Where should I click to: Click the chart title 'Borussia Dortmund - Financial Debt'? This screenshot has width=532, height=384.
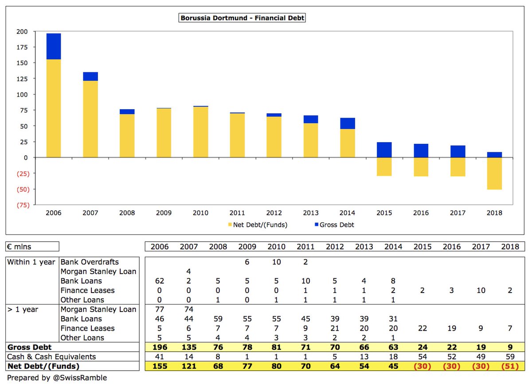point(242,18)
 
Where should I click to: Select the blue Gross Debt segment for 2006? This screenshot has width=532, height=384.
point(54,46)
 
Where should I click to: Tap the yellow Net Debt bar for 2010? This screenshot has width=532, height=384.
point(201,132)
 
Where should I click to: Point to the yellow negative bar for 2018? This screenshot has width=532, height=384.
point(494,174)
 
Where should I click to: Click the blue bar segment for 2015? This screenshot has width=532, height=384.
point(384,150)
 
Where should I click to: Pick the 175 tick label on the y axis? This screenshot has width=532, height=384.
point(22,48)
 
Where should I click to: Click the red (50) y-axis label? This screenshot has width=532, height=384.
point(23,190)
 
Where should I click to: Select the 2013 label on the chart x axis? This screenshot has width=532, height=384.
point(311,213)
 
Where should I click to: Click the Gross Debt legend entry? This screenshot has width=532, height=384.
point(334,225)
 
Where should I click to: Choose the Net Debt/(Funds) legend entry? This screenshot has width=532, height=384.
point(258,225)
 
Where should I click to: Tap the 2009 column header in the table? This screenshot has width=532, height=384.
point(247,246)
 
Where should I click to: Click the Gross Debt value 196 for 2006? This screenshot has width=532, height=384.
point(160,347)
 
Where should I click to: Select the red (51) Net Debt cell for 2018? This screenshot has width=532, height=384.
point(510,366)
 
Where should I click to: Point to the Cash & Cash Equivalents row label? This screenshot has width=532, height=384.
point(51,356)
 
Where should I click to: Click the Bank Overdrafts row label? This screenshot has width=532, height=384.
point(90,262)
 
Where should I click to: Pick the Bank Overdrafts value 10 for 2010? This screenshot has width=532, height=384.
point(277,262)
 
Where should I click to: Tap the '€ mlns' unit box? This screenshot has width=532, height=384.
point(32,246)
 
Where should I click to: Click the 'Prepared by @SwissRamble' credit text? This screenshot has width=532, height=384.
point(57,378)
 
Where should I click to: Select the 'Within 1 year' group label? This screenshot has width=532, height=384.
point(31,262)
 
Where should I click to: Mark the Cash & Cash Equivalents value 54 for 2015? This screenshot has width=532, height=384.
point(422,356)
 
